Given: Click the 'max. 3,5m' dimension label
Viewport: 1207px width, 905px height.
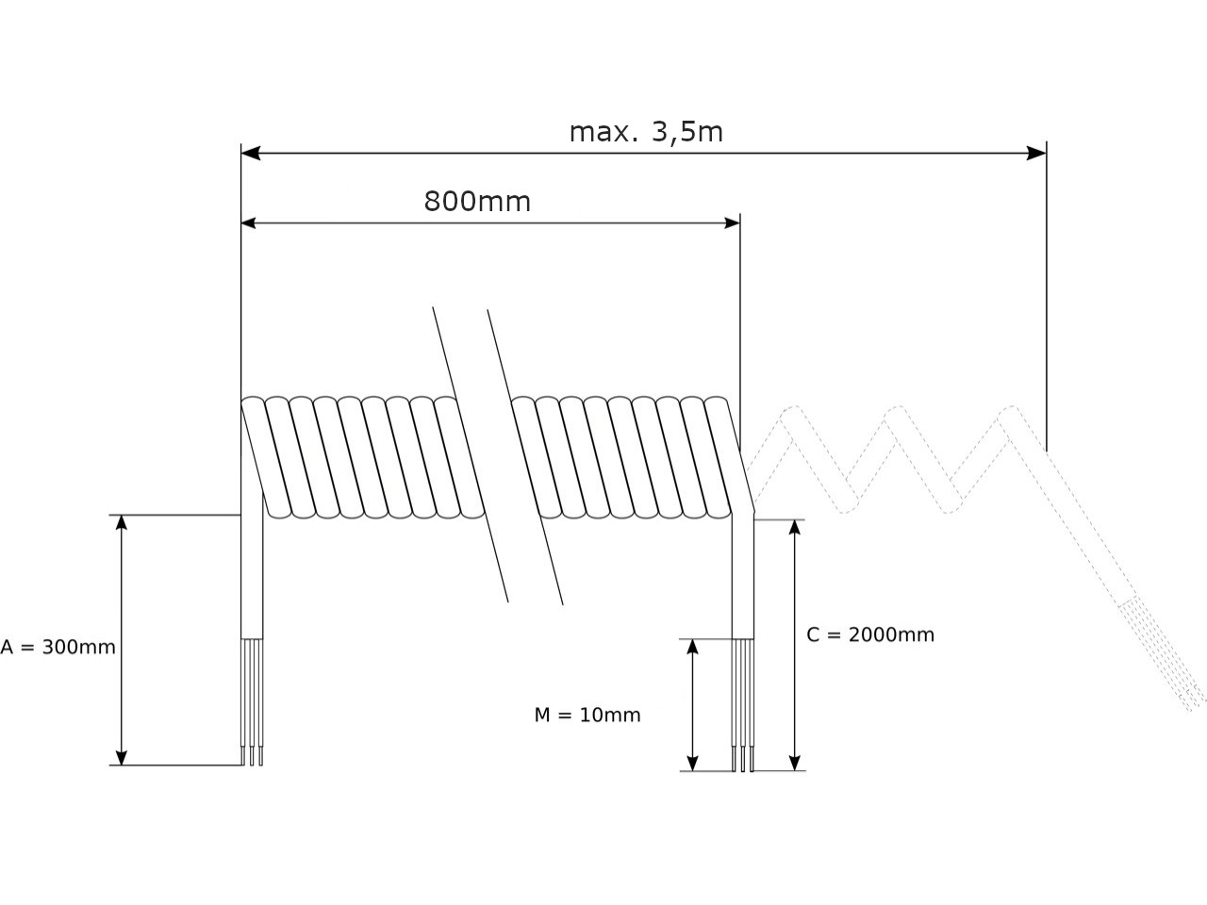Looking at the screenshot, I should click(646, 132).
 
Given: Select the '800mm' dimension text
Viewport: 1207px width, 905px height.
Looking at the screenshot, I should click(477, 202).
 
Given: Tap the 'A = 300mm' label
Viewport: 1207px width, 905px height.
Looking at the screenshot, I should click(58, 648).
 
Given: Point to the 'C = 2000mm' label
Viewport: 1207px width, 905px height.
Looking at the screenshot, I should click(870, 634).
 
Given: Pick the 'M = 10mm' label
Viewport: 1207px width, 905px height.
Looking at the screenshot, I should click(587, 716).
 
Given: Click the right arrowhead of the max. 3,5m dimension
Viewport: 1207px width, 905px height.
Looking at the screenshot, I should click(1037, 153).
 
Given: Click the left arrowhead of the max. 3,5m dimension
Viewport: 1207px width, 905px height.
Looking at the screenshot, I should click(250, 153).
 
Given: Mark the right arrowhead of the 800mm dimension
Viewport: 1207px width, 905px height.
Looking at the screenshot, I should click(732, 222).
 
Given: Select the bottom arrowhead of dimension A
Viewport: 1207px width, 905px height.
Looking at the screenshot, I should click(121, 757).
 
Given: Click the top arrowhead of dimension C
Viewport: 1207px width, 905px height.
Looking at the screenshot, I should click(795, 527).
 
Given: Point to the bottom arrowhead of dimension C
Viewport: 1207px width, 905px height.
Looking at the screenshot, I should click(795, 763).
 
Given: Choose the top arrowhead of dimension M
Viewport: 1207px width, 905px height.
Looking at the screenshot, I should click(692, 647).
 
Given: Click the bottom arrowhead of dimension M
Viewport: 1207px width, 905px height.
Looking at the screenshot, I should click(692, 763).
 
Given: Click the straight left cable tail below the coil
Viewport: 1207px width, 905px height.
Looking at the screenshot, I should click(252, 575).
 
